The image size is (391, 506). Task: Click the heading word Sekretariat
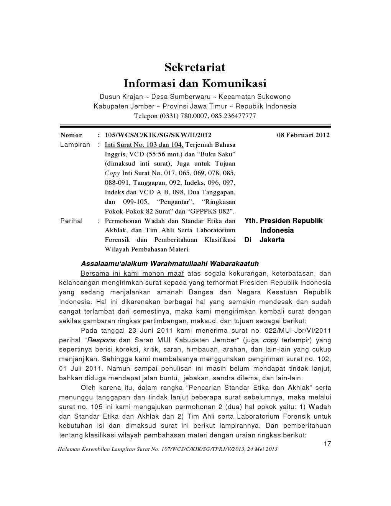(195, 67)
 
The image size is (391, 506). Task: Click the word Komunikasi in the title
(234, 83)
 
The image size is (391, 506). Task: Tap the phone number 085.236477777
(232, 116)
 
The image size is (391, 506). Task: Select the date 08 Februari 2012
(303, 135)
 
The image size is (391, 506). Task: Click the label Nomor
(71, 135)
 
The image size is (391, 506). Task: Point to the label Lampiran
(75, 145)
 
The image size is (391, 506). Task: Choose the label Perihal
(71, 221)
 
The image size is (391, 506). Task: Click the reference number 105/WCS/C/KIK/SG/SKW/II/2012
(158, 135)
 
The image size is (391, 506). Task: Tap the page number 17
(327, 444)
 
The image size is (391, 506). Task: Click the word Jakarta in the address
(272, 240)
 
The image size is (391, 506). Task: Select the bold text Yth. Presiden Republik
(283, 221)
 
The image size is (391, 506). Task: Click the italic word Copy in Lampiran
(112, 173)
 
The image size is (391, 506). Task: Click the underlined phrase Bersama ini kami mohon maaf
(132, 274)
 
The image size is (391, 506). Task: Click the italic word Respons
(102, 340)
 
